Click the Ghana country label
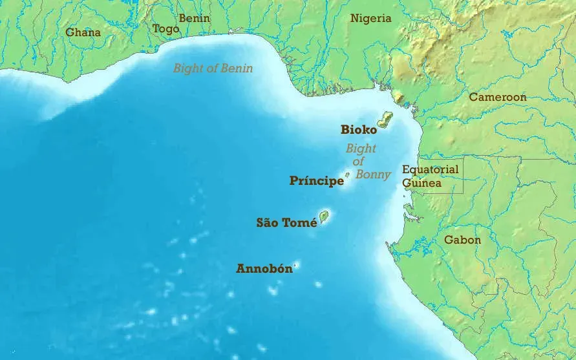click(83, 32)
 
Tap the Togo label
click(165, 29)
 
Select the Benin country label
click(194, 18)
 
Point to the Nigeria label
click(371, 18)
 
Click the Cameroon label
click(497, 97)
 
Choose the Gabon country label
click(462, 240)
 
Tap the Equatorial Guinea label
click(430, 176)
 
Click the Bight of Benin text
click(213, 68)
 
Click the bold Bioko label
click(359, 130)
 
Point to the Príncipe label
click(316, 181)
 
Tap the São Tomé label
click(286, 223)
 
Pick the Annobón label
click(264, 269)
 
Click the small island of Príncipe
click(347, 175)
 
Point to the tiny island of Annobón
click(297, 264)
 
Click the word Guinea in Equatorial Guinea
click(421, 183)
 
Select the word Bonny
click(372, 175)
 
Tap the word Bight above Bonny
click(360, 149)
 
